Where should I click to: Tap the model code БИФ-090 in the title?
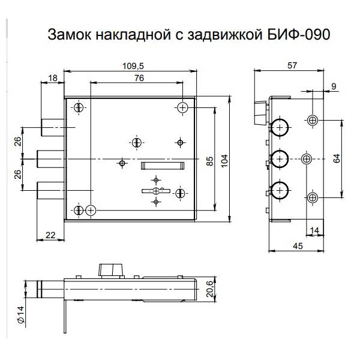(301, 35)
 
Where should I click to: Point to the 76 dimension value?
(138, 78)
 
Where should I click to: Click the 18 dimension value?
(52, 78)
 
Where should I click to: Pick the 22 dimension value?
(51, 236)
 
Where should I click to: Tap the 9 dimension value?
(334, 86)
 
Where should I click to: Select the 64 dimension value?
(337, 159)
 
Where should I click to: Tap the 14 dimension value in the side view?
(313, 230)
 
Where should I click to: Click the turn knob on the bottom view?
(110, 269)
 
